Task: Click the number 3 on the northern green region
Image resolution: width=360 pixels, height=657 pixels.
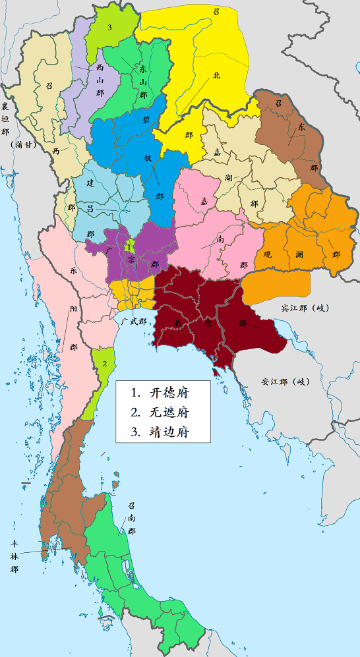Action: coord(109,27)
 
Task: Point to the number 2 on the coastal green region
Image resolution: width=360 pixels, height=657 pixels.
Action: coord(104,363)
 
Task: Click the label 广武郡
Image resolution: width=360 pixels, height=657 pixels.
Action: coord(134,320)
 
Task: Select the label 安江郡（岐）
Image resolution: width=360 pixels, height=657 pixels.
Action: coord(285,381)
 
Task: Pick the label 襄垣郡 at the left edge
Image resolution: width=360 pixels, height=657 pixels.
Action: coord(6,119)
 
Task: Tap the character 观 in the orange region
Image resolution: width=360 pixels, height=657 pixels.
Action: coord(267,254)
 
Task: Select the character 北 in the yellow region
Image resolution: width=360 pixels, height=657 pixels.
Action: coord(216,75)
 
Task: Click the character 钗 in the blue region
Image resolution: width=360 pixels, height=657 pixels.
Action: coord(148,159)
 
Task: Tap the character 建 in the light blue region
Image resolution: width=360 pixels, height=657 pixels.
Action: coord(90,181)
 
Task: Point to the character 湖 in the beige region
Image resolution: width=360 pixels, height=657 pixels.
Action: coord(227,177)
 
